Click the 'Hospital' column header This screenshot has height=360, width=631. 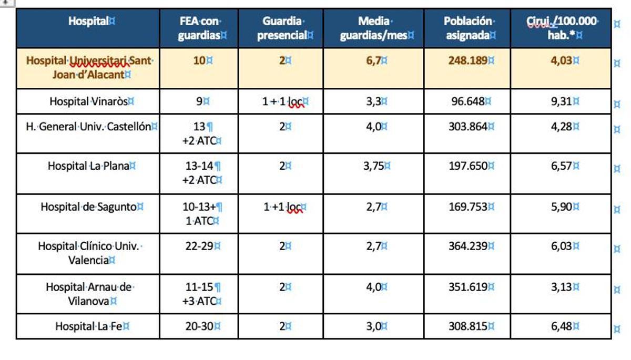point(88,21)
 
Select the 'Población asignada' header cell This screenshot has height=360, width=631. point(467,28)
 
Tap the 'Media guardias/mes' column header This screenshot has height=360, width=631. point(373,28)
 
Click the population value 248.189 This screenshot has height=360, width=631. point(467,60)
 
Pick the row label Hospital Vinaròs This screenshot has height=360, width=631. point(88,101)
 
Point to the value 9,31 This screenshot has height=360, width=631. point(562,101)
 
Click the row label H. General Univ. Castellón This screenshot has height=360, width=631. point(88,127)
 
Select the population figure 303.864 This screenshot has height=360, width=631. point(467,127)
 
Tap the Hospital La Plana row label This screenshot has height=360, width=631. point(88,166)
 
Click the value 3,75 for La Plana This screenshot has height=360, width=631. point(373,166)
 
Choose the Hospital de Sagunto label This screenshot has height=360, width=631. point(88,207)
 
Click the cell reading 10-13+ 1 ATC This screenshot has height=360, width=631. point(199,214)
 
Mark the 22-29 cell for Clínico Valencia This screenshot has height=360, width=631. point(199,246)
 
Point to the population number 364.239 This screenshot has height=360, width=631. point(467,246)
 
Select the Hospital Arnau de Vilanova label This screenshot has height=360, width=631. point(88,294)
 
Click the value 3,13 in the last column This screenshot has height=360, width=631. point(562,287)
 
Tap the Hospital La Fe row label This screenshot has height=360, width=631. point(88,326)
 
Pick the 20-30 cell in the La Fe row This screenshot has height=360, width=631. point(199,326)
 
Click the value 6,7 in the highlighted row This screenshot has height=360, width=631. point(373,60)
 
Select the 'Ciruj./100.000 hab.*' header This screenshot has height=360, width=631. point(561,28)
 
